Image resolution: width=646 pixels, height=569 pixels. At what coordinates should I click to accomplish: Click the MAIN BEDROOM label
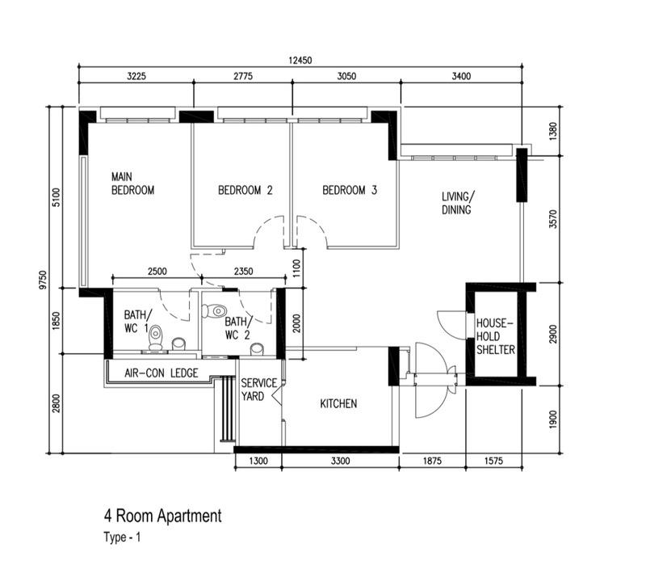click(x=132, y=183)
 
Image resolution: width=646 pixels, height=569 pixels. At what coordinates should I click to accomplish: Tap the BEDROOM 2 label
click(x=245, y=191)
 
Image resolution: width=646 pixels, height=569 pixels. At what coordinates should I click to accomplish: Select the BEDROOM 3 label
click(x=349, y=191)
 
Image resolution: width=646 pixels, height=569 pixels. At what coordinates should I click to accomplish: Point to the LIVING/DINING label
click(x=458, y=203)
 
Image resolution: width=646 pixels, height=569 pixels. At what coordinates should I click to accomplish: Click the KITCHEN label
click(x=338, y=403)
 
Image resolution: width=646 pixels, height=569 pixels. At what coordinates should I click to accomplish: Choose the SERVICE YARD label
click(x=258, y=390)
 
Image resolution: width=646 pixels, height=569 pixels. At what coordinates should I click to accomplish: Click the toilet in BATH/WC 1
click(x=157, y=339)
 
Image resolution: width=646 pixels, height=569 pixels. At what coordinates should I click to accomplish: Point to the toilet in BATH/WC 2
click(x=216, y=310)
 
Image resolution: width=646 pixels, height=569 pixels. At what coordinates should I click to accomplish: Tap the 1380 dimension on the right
click(x=553, y=129)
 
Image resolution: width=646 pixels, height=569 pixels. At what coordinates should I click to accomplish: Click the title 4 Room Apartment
click(x=161, y=516)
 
